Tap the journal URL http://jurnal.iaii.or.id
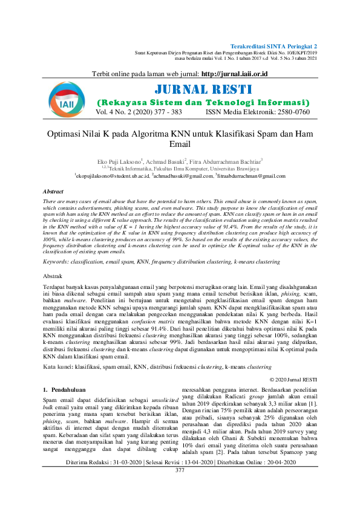coord(234,74)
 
